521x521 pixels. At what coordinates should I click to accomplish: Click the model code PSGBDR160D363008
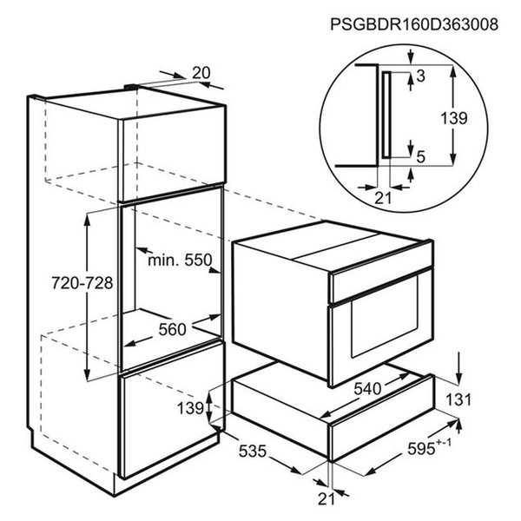(414, 24)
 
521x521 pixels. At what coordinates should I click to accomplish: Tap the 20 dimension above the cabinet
(201, 73)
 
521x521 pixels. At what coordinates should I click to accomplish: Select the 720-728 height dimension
(82, 283)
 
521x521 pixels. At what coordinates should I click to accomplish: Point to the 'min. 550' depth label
(180, 260)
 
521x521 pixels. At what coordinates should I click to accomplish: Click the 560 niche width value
(172, 330)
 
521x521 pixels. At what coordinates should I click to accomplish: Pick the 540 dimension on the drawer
(367, 388)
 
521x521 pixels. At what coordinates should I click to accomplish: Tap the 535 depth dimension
(253, 451)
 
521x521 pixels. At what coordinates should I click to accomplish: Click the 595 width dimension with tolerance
(429, 447)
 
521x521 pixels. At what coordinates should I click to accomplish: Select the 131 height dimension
(458, 399)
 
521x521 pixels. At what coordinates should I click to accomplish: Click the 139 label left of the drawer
(190, 408)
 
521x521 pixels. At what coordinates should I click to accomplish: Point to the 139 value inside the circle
(454, 118)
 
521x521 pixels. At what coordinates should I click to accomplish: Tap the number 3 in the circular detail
(420, 76)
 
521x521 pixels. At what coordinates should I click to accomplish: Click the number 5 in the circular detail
(421, 157)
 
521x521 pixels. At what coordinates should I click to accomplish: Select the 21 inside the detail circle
(383, 198)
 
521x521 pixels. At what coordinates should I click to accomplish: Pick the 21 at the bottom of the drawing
(326, 498)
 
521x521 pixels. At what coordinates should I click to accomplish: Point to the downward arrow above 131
(458, 368)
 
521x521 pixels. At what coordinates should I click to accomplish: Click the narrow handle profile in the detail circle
(386, 115)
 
